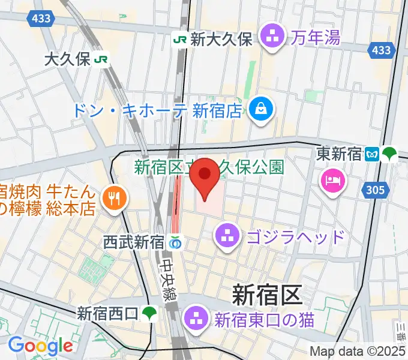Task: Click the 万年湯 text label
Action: [316, 38]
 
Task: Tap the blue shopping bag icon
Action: [263, 109]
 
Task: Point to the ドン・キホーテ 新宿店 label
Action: [157, 110]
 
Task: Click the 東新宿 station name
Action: [339, 154]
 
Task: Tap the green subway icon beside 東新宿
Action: [389, 154]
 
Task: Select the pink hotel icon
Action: [332, 179]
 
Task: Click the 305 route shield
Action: [374, 190]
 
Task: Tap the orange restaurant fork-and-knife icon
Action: [112, 198]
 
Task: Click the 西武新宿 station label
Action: [133, 242]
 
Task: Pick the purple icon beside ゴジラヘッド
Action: [227, 234]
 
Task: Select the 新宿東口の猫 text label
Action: [264, 319]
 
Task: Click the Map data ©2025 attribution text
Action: [358, 351]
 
